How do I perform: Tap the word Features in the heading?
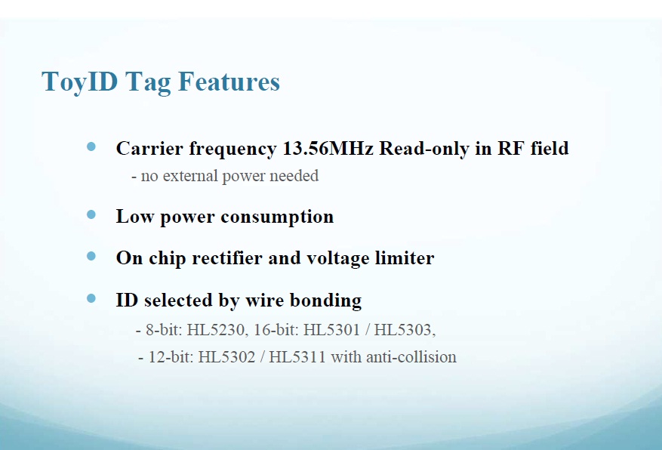[x=229, y=82]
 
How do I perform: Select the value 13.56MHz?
[x=328, y=148]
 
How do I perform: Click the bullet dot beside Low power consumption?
[x=91, y=214]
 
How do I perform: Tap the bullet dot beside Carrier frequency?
[x=91, y=146]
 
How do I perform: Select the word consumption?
[x=277, y=217]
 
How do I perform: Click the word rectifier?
[x=227, y=258]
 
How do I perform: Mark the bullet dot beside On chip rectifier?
[x=91, y=256]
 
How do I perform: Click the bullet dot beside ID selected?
[x=91, y=298]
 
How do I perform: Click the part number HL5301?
[x=331, y=330]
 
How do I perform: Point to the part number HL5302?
[x=226, y=357]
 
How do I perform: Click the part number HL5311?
[x=297, y=357]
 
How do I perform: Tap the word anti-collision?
[x=411, y=357]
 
